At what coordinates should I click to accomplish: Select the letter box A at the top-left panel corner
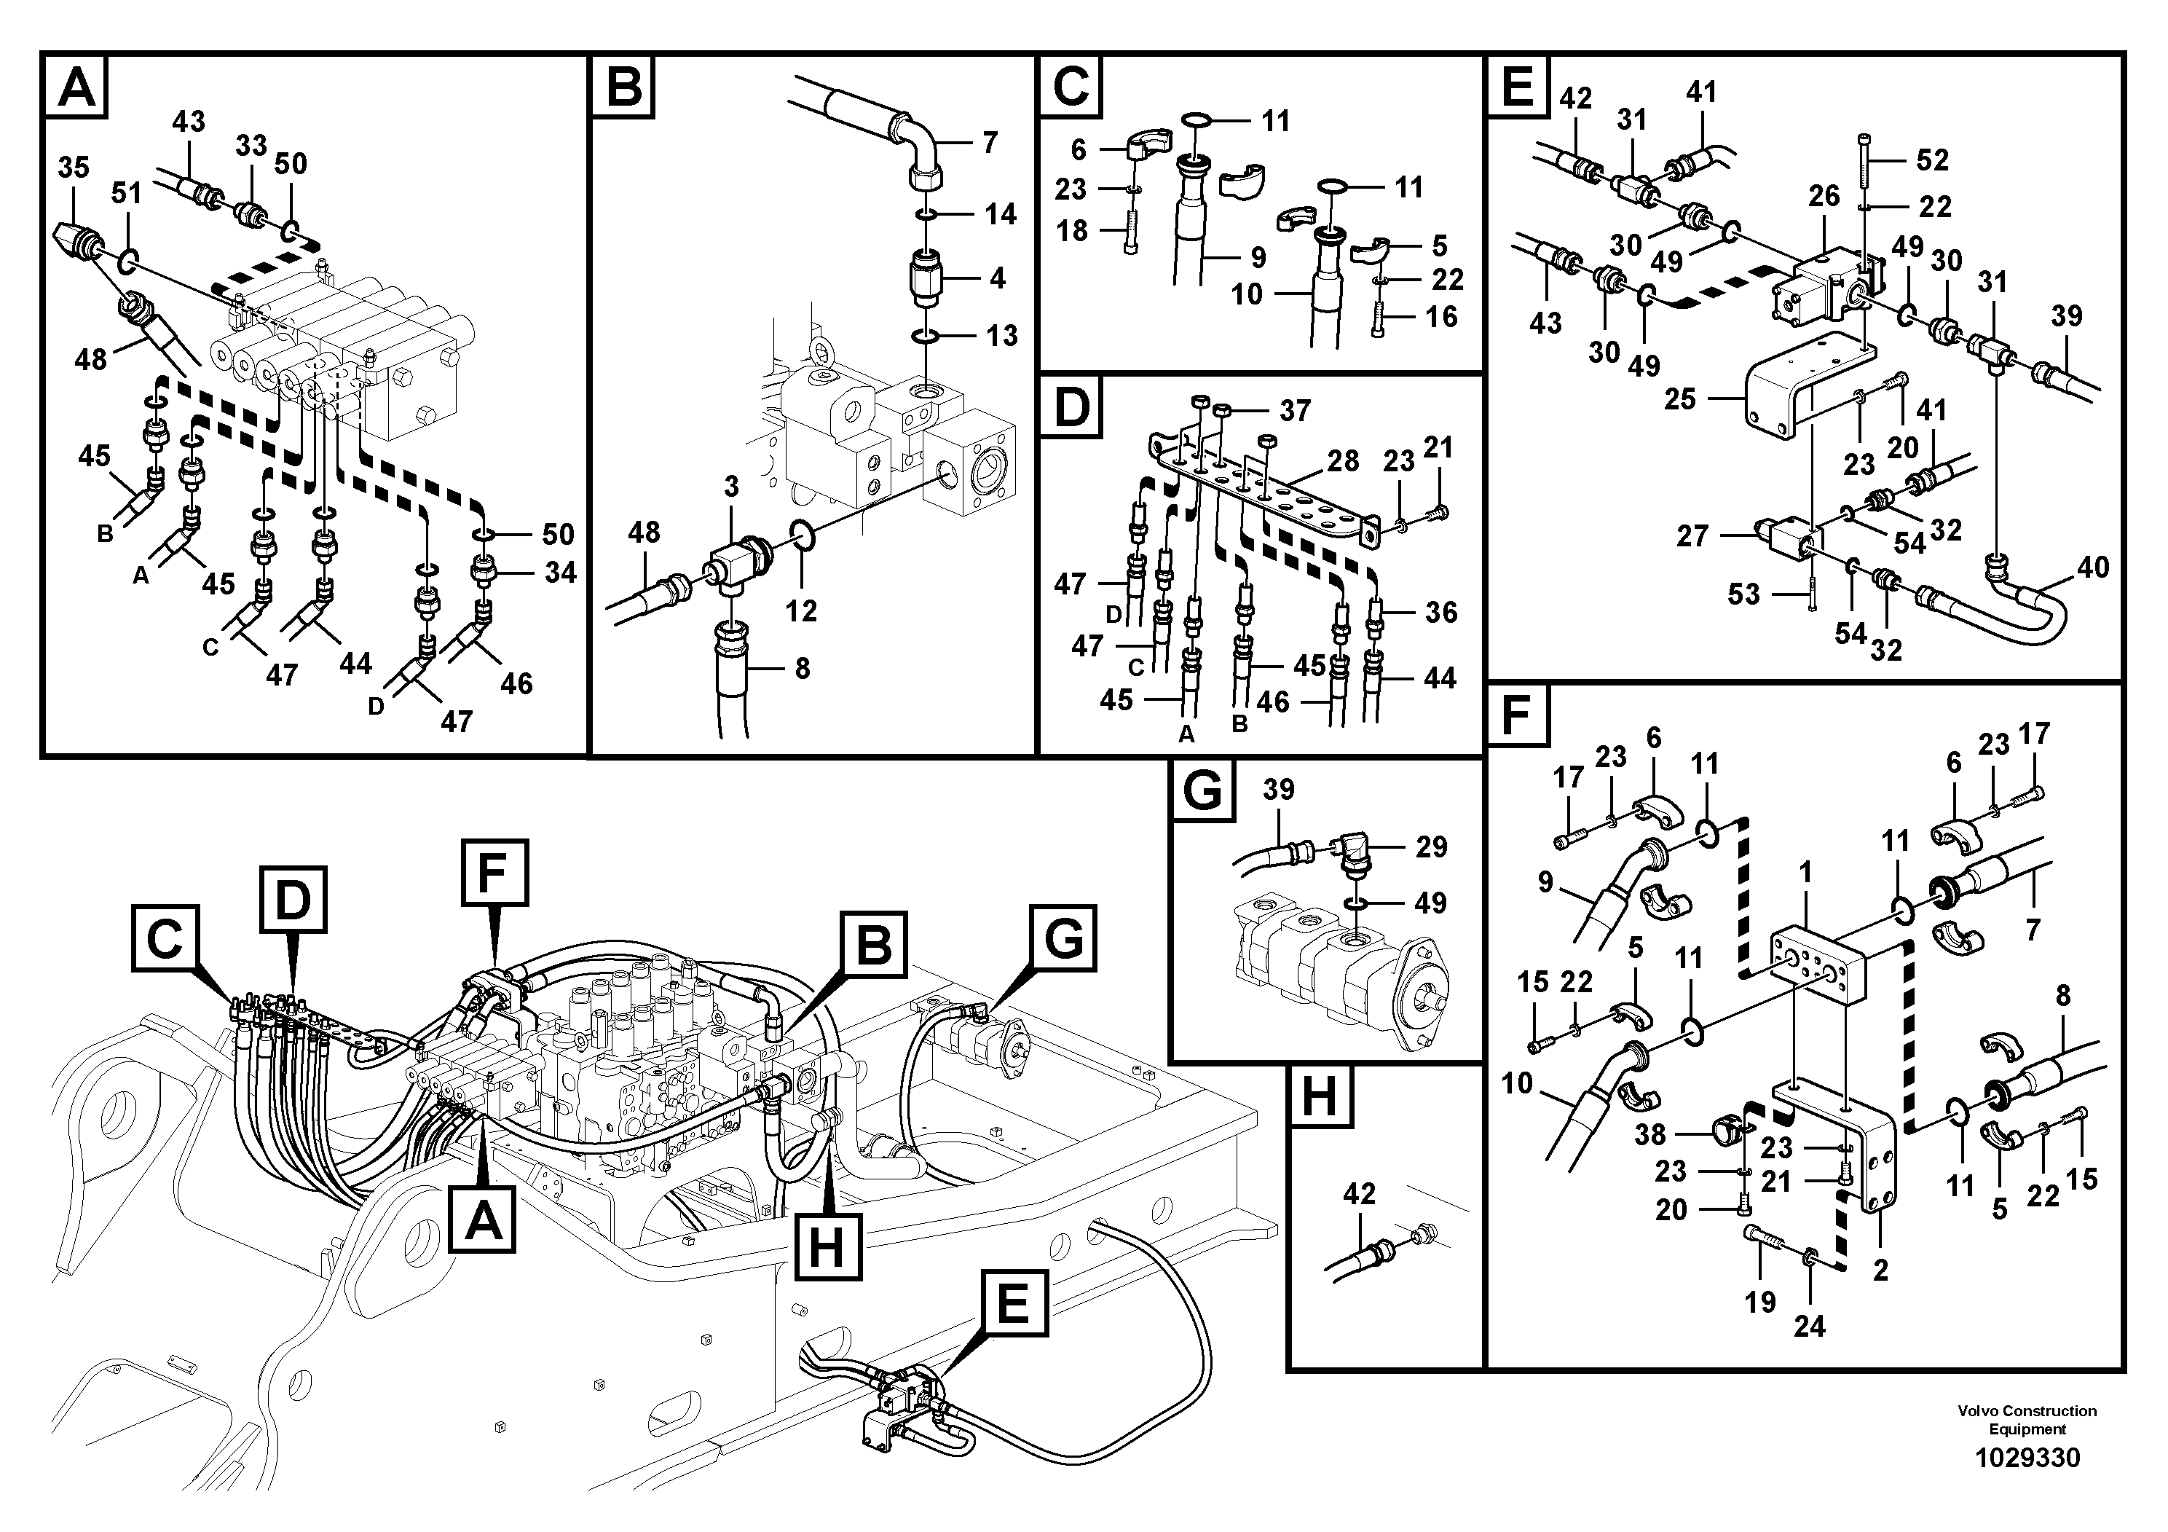(76, 87)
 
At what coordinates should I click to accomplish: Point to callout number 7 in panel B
(989, 143)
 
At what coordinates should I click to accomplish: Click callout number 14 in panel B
(1000, 213)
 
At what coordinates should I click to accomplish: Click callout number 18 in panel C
(1072, 229)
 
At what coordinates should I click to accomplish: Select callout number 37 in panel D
(1295, 410)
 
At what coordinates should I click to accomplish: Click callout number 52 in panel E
(1932, 160)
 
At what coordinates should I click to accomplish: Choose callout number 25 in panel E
(1680, 398)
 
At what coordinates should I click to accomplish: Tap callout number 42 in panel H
(1359, 1194)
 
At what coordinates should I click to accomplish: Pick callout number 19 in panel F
(1760, 1302)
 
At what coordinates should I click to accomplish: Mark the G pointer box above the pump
(1064, 938)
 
